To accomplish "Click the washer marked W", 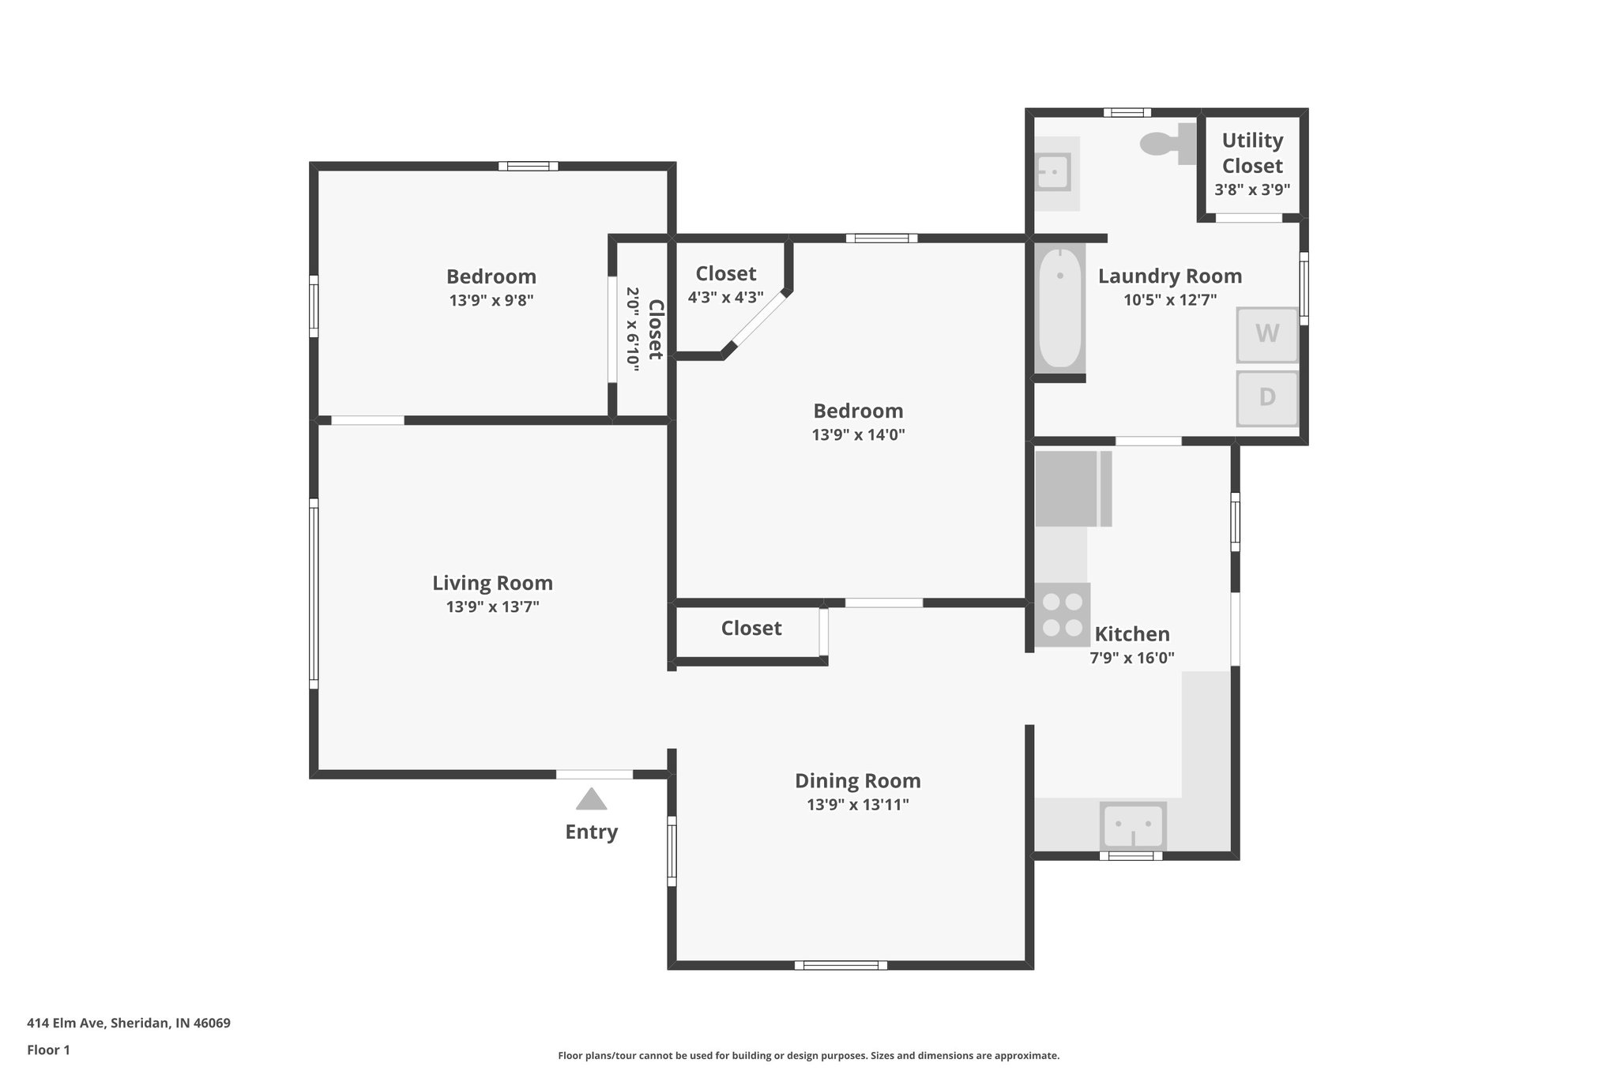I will pyautogui.click(x=1266, y=334).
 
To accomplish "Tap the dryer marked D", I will pyautogui.click(x=1266, y=396).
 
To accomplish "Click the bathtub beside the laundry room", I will pyautogui.click(x=1059, y=308).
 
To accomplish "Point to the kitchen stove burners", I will pyautogui.click(x=1062, y=614).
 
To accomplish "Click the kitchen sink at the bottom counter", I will pyautogui.click(x=1132, y=825).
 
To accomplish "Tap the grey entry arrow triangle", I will pyautogui.click(x=591, y=799).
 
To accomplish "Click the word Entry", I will pyautogui.click(x=591, y=832).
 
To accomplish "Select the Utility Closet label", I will pyautogui.click(x=1252, y=153).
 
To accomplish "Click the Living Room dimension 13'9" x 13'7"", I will pyautogui.click(x=492, y=607).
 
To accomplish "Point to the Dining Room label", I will pyautogui.click(x=857, y=780).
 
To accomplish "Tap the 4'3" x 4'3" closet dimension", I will pyautogui.click(x=725, y=298).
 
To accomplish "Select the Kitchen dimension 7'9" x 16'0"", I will pyautogui.click(x=1131, y=657).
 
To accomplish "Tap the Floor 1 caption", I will pyautogui.click(x=48, y=1050).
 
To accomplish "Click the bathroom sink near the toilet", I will pyautogui.click(x=1052, y=172).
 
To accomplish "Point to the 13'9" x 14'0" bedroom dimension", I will pyautogui.click(x=858, y=434).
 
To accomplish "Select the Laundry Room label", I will pyautogui.click(x=1169, y=276).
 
